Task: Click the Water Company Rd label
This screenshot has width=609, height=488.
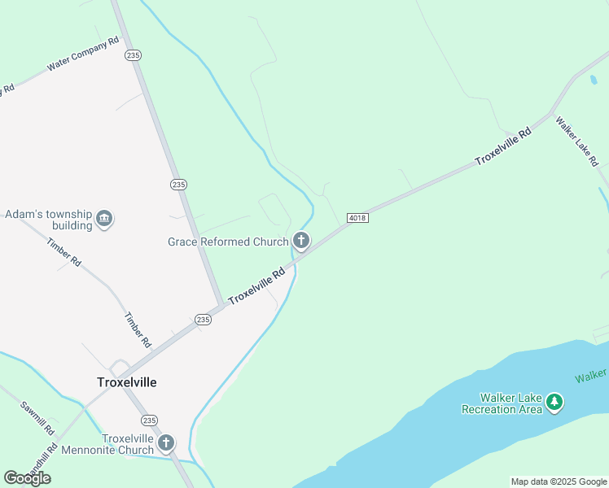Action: (83, 54)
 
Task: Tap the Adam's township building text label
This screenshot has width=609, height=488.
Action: (48, 220)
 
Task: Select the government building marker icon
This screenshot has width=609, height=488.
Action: (104, 219)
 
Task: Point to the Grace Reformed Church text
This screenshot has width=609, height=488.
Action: (228, 242)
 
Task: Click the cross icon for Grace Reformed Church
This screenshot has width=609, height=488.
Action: (301, 241)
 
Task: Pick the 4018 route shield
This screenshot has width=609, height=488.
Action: (357, 218)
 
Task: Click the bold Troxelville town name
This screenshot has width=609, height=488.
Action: (127, 382)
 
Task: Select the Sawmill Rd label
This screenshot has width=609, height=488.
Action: (37, 416)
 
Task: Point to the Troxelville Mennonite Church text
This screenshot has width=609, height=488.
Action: (128, 444)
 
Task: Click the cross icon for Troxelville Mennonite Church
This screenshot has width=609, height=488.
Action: (166, 443)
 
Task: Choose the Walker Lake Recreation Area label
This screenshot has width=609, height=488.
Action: (502, 403)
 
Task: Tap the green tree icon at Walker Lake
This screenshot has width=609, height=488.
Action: (554, 402)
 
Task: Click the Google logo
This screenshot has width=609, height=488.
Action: (27, 478)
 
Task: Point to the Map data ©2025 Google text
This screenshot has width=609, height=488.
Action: (559, 481)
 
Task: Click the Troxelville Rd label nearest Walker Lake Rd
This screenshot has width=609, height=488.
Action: (503, 146)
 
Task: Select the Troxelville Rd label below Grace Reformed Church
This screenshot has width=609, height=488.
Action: (256, 287)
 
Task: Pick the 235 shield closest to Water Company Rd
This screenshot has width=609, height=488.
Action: (134, 54)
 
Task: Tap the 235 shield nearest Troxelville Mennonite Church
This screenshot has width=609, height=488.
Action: (148, 420)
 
